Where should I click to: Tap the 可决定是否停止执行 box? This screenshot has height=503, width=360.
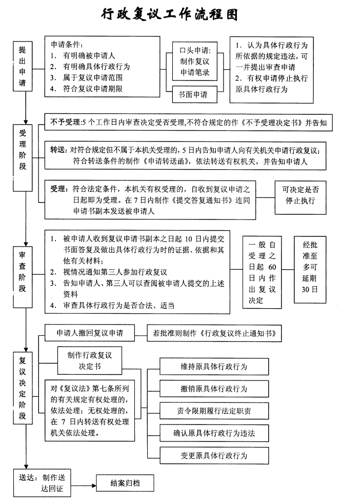[301, 195]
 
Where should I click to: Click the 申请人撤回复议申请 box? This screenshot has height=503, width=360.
[90, 333]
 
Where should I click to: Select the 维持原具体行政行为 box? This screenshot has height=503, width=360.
[214, 367]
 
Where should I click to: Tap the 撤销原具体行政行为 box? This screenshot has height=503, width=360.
[214, 389]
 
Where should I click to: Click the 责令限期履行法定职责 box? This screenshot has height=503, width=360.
[214, 411]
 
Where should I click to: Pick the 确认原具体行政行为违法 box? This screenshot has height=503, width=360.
[214, 433]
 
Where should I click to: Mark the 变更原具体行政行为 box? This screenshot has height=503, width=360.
[214, 455]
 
